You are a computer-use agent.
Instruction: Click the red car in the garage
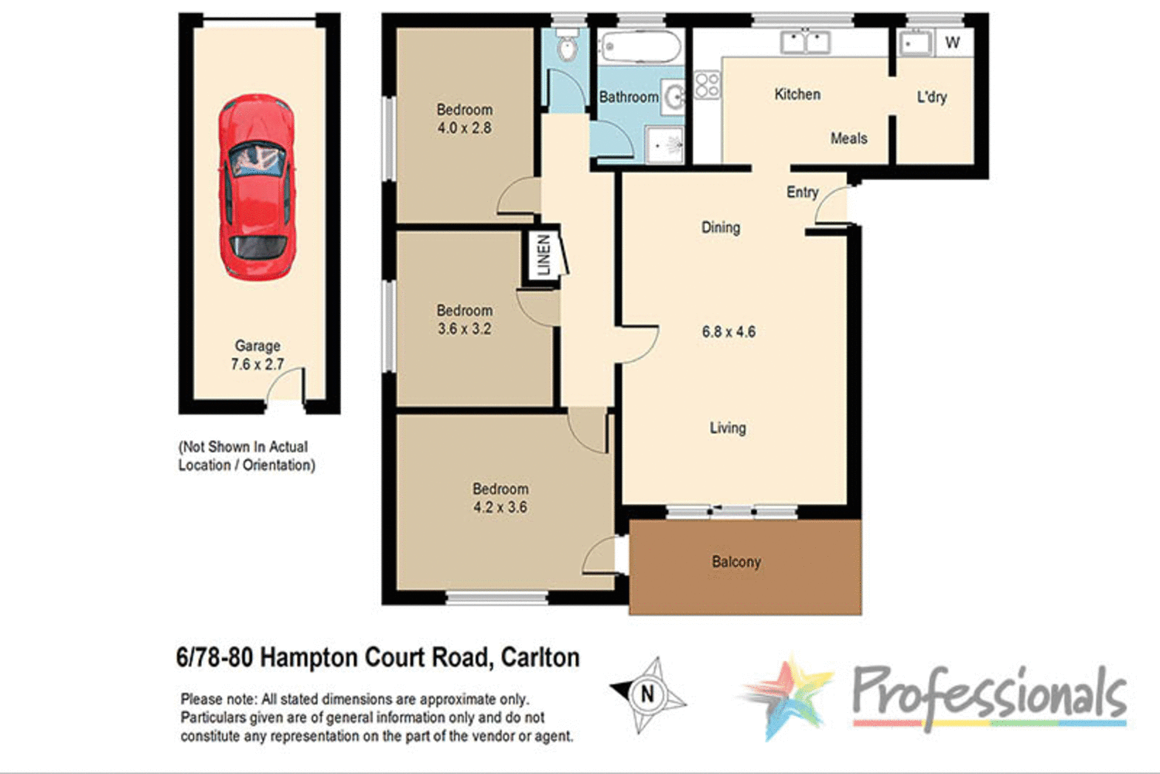pyautogui.click(x=256, y=186)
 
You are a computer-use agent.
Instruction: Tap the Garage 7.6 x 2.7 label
pyautogui.click(x=258, y=355)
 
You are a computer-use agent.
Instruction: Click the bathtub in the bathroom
pyautogui.click(x=640, y=47)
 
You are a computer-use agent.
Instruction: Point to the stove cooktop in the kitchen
pyautogui.click(x=707, y=85)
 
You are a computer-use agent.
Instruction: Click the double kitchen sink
pyautogui.click(x=805, y=42)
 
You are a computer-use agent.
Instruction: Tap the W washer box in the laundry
pyautogui.click(x=952, y=43)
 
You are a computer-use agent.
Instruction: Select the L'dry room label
pyautogui.click(x=931, y=97)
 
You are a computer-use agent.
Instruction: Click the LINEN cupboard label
pyautogui.click(x=544, y=255)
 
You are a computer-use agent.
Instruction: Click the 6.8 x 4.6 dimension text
pyautogui.click(x=728, y=332)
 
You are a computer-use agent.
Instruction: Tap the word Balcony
pyautogui.click(x=736, y=562)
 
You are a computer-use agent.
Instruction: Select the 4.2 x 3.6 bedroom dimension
pyautogui.click(x=500, y=507)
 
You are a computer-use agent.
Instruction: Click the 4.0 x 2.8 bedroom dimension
pyautogui.click(x=464, y=128)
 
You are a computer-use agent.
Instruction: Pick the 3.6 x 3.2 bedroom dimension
pyautogui.click(x=464, y=329)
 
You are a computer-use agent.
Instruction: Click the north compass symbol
pyautogui.click(x=648, y=694)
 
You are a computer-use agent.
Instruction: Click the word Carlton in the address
pyautogui.click(x=540, y=657)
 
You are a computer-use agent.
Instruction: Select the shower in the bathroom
pyautogui.click(x=664, y=145)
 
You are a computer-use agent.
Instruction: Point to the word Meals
pyautogui.click(x=848, y=138)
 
